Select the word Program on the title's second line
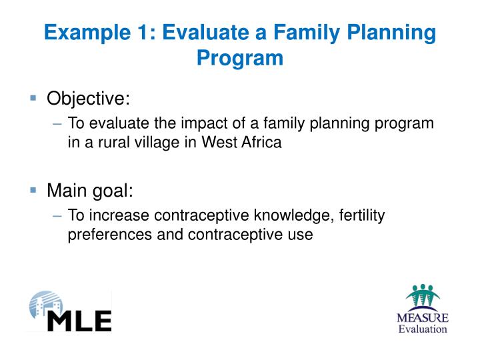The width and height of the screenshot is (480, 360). [240, 59]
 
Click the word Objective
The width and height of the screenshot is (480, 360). [88, 99]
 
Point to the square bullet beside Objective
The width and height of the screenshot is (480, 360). [33, 98]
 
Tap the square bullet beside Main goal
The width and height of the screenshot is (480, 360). [33, 190]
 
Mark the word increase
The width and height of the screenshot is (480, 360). [119, 215]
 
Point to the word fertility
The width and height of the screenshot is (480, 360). [362, 216]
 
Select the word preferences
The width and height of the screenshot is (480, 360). [110, 235]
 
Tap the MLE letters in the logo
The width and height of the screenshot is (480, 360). [79, 321]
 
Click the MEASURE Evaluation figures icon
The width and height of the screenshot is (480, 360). [423, 296]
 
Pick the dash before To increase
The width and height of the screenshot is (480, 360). [57, 216]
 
